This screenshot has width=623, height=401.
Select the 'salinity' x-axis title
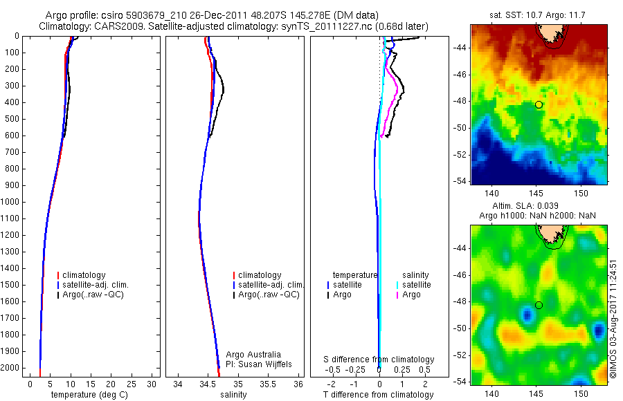point(233,395)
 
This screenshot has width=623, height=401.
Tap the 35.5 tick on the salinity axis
point(269,384)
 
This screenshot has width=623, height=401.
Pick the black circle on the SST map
point(539,104)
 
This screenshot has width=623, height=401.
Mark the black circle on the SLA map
point(539,305)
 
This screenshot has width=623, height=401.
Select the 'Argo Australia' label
point(253,354)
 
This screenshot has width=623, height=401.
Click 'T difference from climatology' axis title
point(378,395)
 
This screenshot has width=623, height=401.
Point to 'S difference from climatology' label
point(379,360)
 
